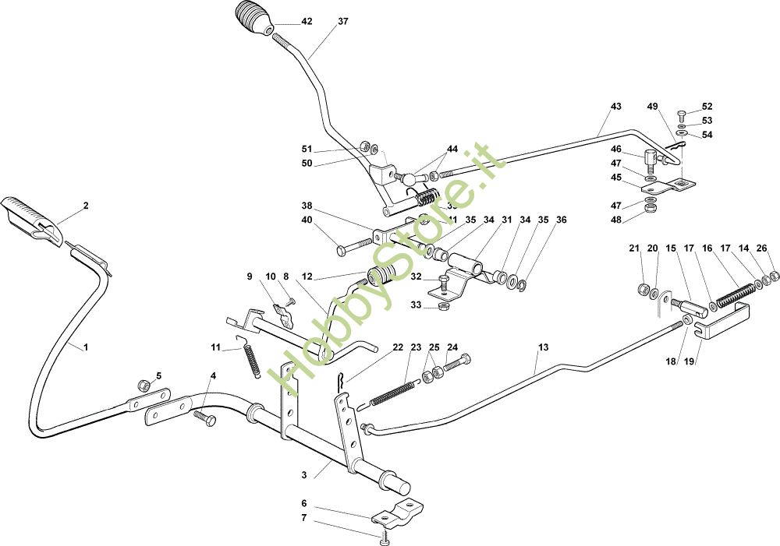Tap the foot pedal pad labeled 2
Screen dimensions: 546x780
click(31, 216)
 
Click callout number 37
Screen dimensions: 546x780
click(343, 22)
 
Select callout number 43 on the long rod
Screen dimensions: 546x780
click(616, 106)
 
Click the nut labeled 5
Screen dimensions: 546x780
click(144, 385)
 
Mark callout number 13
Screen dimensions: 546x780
click(544, 346)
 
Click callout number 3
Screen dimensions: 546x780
click(303, 474)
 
